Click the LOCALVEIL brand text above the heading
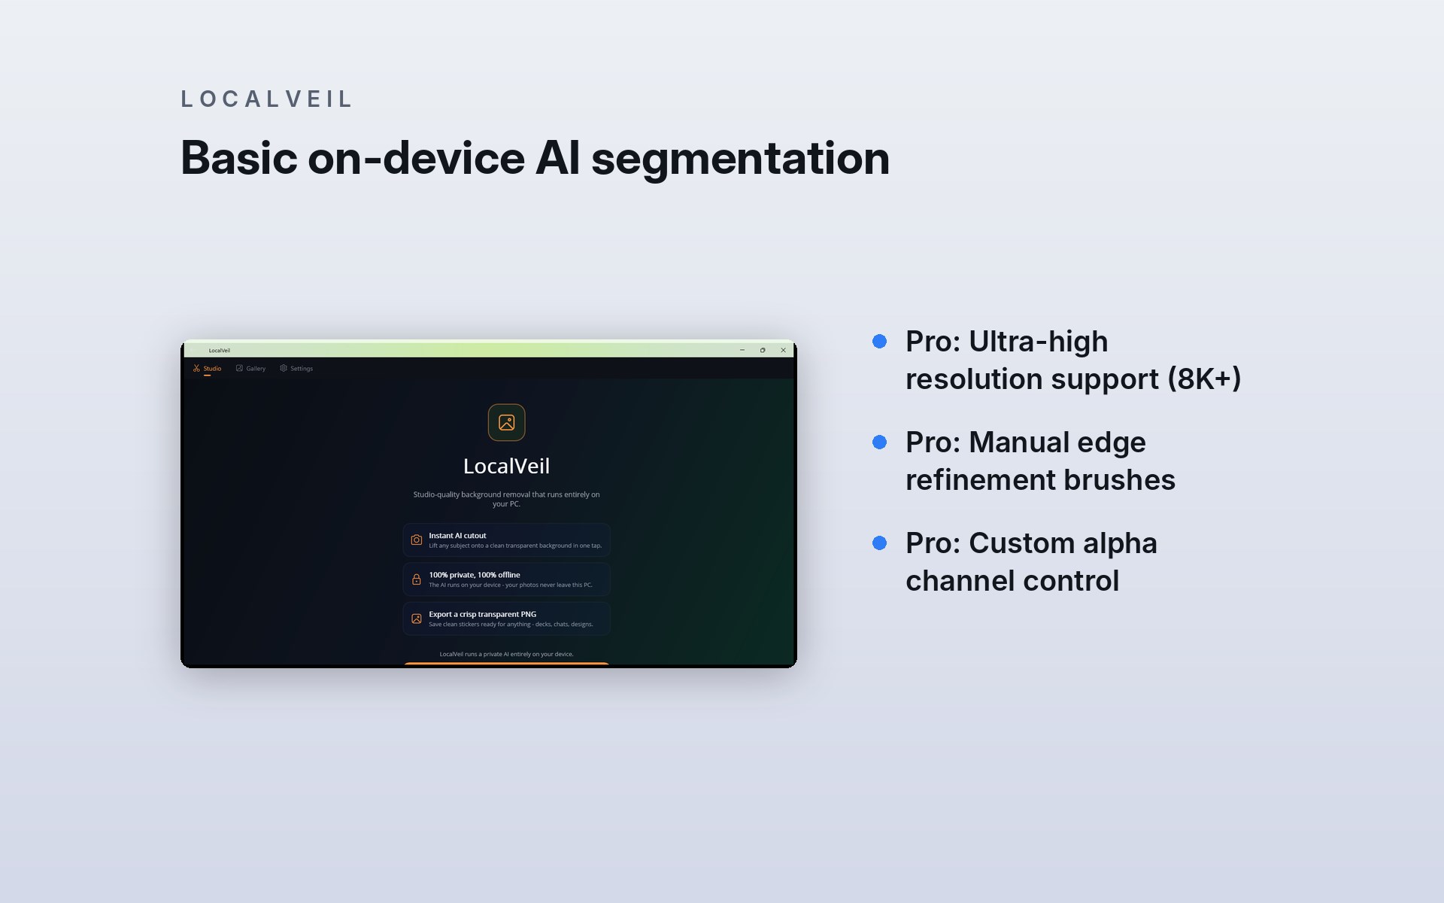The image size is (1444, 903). pyautogui.click(x=266, y=99)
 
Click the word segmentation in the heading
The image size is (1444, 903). pyautogui.click(x=740, y=159)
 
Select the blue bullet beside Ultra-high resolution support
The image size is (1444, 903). pyautogui.click(x=879, y=342)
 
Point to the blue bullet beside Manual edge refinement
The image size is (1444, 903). pyautogui.click(x=879, y=442)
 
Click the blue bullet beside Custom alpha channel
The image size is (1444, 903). pyautogui.click(x=879, y=543)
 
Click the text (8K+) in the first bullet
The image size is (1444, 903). pyautogui.click(x=1204, y=379)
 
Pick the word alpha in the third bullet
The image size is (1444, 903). pyautogui.click(x=1120, y=544)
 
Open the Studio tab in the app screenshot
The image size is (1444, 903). pyautogui.click(x=207, y=369)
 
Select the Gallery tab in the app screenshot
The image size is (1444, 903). pyautogui.click(x=250, y=369)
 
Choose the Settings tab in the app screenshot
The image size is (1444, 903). pyautogui.click(x=296, y=369)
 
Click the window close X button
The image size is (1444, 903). pyautogui.click(x=783, y=350)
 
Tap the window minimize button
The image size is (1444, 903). pyautogui.click(x=742, y=350)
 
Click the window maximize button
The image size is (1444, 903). pyautogui.click(x=763, y=350)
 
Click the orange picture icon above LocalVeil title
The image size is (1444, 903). pyautogui.click(x=507, y=423)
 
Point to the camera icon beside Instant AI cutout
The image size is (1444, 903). pyautogui.click(x=417, y=540)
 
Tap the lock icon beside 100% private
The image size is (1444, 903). pyautogui.click(x=417, y=579)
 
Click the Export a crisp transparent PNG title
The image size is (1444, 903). pyautogui.click(x=483, y=614)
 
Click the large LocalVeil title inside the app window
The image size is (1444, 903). pyautogui.click(x=507, y=467)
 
